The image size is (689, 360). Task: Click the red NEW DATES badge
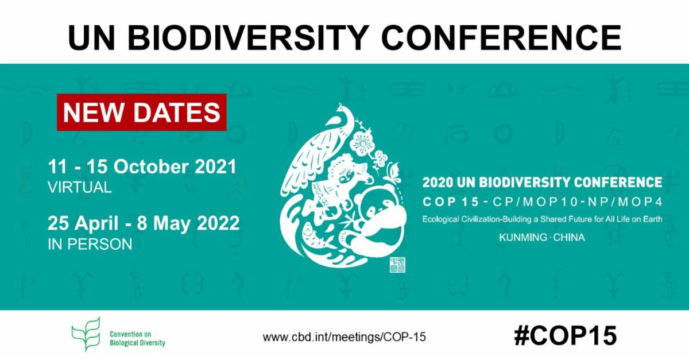click(142, 113)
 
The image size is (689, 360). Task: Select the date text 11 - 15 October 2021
click(142, 167)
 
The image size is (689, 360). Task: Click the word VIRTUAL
click(80, 187)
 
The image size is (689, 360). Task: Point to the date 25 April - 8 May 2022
click(144, 223)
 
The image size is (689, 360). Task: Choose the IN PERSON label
click(90, 245)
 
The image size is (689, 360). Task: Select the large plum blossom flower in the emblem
click(363, 144)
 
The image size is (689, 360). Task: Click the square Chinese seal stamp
click(397, 265)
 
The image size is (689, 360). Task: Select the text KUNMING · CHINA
click(541, 237)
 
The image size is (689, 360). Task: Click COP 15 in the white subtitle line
click(451, 202)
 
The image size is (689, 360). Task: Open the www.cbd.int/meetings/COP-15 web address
click(344, 337)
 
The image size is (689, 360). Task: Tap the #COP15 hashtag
click(566, 336)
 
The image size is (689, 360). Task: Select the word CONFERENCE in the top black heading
click(501, 38)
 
